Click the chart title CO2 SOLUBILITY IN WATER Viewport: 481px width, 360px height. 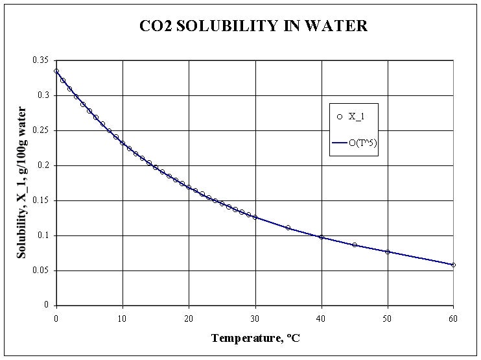253,27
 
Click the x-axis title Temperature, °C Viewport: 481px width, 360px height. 255,338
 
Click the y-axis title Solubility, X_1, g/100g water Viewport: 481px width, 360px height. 22,183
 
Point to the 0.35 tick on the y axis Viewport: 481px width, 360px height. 42,60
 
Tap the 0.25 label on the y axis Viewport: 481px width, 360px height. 42,130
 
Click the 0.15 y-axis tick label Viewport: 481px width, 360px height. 42,200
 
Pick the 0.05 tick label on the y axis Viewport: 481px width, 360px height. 42,270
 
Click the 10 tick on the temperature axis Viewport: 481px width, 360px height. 123,318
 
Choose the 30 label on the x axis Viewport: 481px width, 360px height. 255,318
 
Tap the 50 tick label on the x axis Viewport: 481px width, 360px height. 387,318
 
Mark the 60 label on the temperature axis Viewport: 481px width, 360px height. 453,318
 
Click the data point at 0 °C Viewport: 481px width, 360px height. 56,71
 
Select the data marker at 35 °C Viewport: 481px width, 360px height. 288,228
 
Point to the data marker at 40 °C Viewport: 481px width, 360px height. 321,237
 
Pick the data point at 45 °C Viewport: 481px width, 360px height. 354,245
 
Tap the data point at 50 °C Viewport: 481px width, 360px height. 387,252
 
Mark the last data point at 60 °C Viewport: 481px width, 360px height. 453,265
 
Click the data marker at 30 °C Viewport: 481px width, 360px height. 255,217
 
